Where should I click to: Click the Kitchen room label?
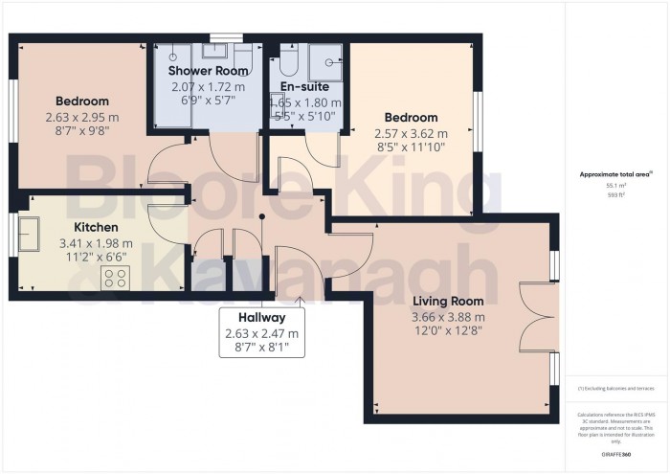[97, 227]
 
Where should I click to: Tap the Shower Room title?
[209, 71]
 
